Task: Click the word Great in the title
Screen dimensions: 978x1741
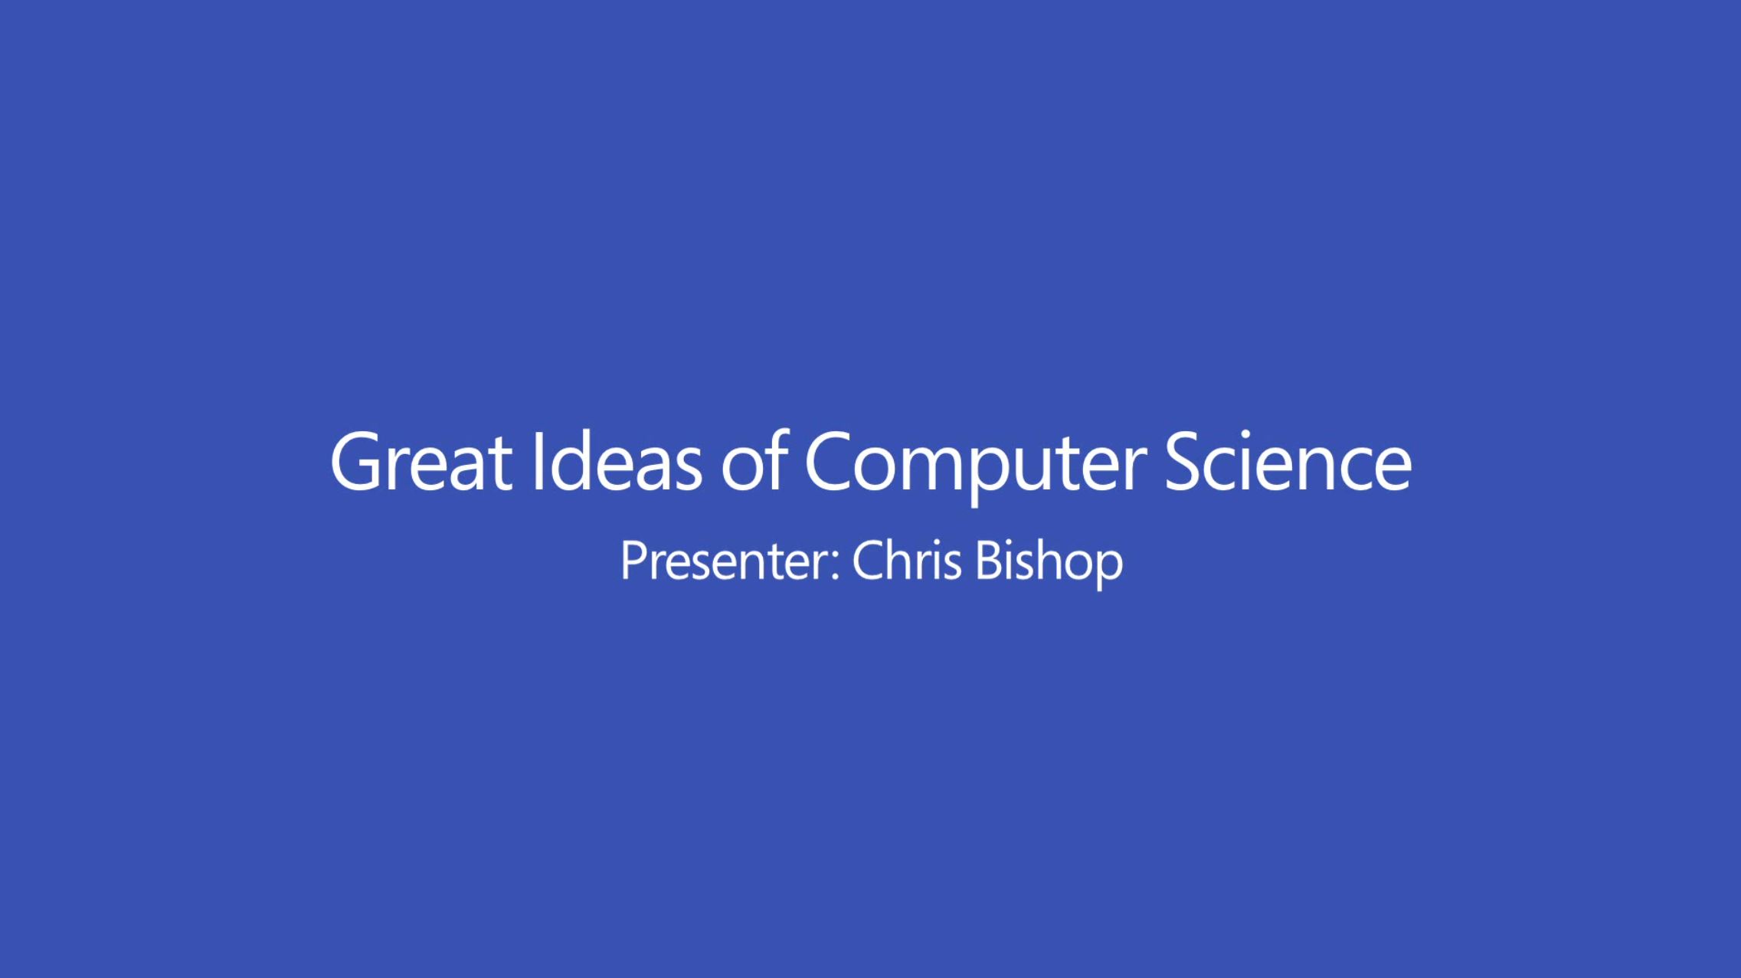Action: pos(421,462)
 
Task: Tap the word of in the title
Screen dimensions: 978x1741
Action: pos(754,462)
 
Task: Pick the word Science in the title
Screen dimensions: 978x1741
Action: pos(1288,462)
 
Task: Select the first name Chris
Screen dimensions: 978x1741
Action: pos(907,561)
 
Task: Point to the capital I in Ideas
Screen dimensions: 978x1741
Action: pos(538,462)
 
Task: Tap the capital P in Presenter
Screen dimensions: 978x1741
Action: pos(633,561)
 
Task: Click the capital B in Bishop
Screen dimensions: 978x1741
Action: pos(988,561)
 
